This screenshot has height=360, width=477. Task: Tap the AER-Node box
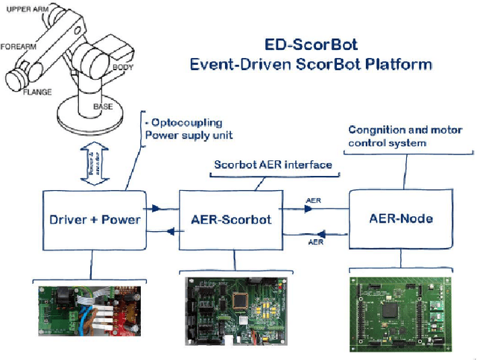tap(401, 218)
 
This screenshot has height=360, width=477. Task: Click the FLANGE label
tap(37, 92)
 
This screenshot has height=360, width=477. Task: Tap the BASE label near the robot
tap(103, 107)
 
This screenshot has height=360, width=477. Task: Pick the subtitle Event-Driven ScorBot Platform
tap(310, 64)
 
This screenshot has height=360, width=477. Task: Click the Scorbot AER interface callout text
tap(273, 165)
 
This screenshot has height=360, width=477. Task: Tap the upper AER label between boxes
tap(315, 200)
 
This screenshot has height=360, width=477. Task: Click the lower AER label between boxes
tap(315, 241)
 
